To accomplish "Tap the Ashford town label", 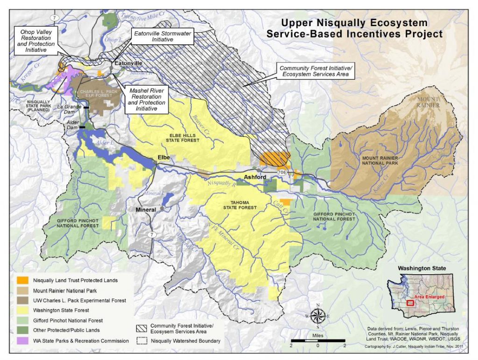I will tap(256, 177).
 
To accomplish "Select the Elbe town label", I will tap(163, 157).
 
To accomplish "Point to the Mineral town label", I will tap(146, 210).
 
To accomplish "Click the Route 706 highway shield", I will tap(281, 173).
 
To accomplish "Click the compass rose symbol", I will tap(318, 316).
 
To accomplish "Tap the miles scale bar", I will tap(317, 340).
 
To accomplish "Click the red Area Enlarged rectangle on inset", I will tap(410, 303).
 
